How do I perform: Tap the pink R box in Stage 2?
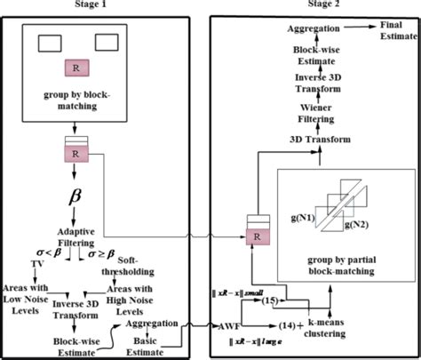[258, 237]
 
